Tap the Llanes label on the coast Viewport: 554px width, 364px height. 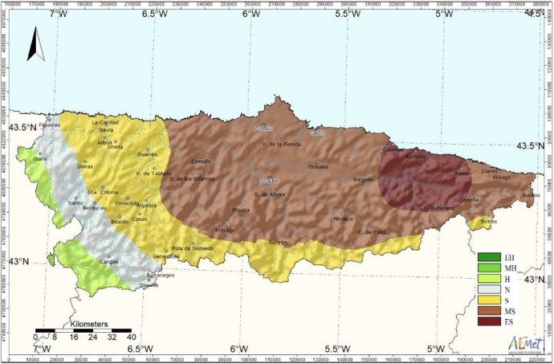coord(489,171)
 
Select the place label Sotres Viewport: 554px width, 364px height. coord(488,221)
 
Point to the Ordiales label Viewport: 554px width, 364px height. coord(318,166)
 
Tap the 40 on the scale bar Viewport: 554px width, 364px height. coord(130,337)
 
